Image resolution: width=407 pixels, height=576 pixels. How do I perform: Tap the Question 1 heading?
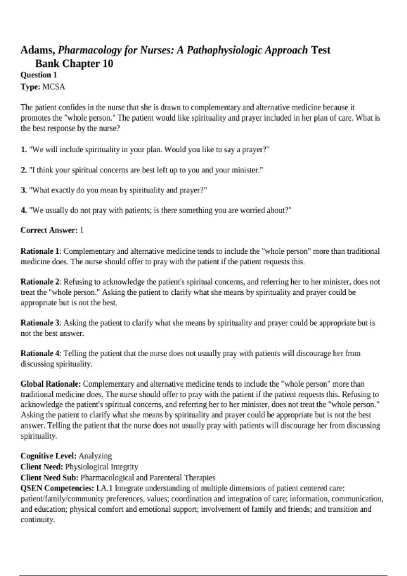click(x=39, y=75)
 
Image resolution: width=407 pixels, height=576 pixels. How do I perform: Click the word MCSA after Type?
click(x=54, y=87)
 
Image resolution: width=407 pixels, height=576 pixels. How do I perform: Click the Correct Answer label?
click(x=49, y=230)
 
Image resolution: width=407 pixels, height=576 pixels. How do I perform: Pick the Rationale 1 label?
click(x=40, y=251)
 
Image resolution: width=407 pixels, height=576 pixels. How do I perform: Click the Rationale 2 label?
click(x=40, y=282)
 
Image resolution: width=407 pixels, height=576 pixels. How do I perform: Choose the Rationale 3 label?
click(x=40, y=323)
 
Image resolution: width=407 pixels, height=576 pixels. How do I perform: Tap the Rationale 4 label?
click(x=40, y=353)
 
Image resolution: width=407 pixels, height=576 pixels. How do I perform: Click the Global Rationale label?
click(x=51, y=384)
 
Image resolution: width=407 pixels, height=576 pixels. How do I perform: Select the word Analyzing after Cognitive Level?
click(x=95, y=456)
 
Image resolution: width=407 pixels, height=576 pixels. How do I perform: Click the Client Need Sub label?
click(x=50, y=478)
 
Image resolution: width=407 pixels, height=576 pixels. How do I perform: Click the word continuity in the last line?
click(x=37, y=520)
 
